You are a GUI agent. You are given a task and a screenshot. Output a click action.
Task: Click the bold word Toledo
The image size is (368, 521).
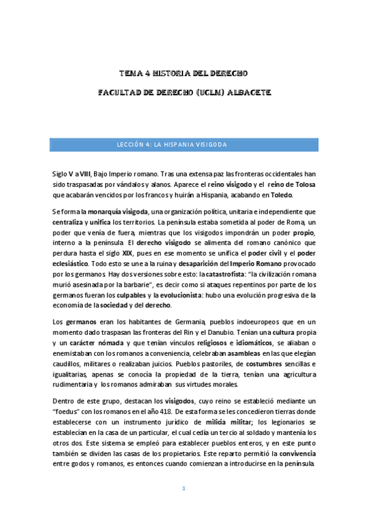281,195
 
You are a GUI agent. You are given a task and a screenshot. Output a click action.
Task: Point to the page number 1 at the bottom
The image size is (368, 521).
184,488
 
